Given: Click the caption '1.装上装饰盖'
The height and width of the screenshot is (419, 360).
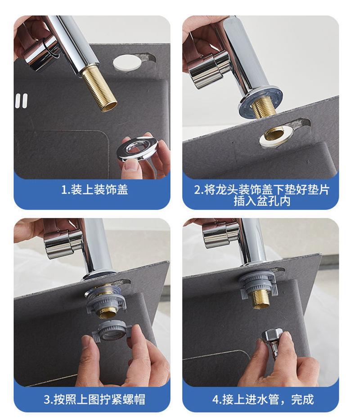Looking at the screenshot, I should (x=94, y=189).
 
